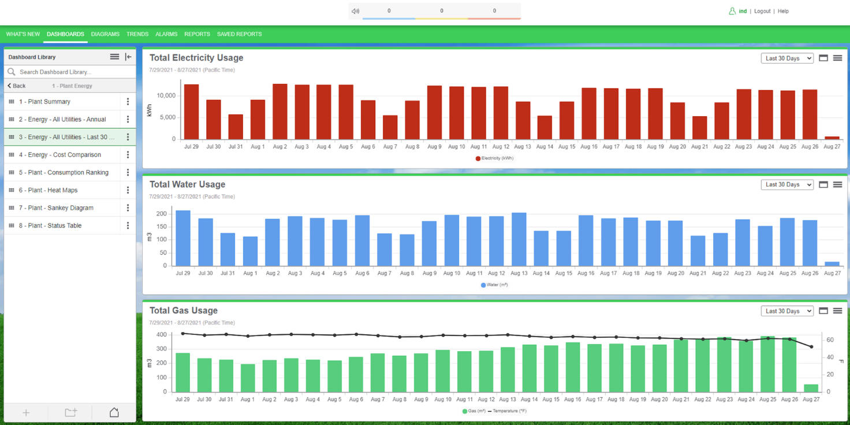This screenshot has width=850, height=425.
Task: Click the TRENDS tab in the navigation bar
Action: pos(137,34)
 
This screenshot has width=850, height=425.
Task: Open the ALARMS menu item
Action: pos(166,34)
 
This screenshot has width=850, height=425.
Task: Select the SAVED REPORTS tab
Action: pos(239,34)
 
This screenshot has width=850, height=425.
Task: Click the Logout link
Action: pos(762,11)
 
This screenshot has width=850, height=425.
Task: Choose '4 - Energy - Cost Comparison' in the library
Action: pos(59,155)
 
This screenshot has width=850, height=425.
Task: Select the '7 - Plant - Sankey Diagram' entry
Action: pos(55,208)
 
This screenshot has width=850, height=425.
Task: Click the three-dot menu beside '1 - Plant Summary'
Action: pos(128,102)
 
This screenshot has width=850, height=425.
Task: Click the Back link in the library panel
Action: pos(17,86)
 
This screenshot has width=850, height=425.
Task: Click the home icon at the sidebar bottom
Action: pos(114,412)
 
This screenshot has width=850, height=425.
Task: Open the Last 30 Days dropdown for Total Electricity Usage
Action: pos(787,58)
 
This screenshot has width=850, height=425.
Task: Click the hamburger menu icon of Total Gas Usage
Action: pos(837,311)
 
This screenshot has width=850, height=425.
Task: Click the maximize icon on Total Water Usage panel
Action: pos(823,185)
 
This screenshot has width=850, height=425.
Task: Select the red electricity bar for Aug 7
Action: pos(390,127)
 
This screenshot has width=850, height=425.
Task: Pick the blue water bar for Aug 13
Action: pos(519,239)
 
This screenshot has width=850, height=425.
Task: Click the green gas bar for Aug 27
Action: pos(811,388)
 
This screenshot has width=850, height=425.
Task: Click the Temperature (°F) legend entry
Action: pos(508,411)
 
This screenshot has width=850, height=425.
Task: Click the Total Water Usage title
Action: pos(187,184)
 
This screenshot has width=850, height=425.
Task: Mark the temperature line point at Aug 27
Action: pos(811,347)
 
